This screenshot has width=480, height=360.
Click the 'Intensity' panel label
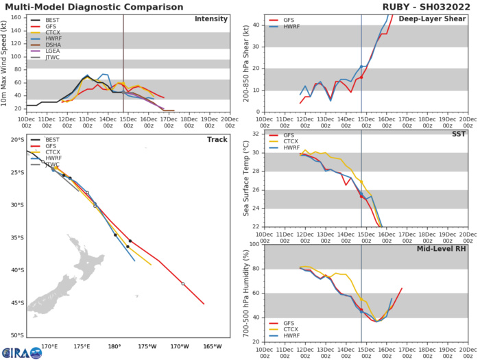click(212, 19)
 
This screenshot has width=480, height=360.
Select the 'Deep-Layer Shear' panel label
click(437, 19)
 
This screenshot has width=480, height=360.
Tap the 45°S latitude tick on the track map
click(16, 302)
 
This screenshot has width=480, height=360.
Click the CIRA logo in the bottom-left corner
click(15, 352)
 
